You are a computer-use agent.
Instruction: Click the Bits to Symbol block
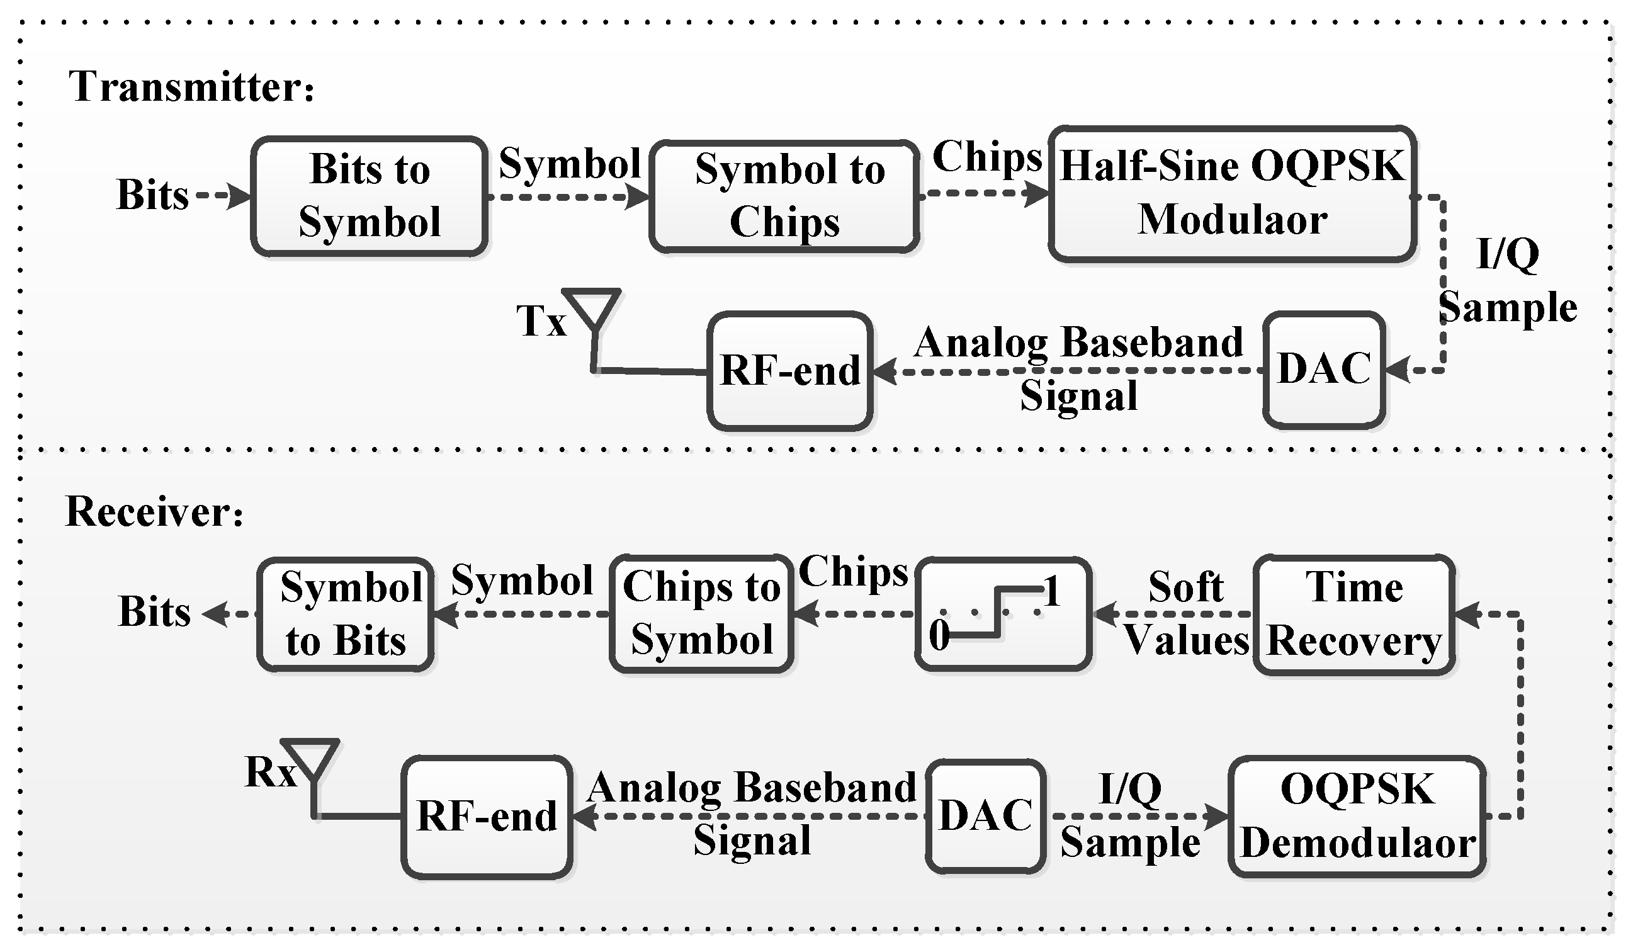370,196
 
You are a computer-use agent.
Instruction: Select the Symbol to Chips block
784,196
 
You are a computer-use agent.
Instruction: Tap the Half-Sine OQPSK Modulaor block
1231,193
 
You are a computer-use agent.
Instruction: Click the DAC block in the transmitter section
1324,370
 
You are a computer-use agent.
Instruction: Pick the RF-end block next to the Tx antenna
789,371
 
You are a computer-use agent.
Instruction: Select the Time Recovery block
1353,615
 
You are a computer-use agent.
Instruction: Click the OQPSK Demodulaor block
1357,817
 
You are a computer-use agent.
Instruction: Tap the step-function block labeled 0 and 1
1003,614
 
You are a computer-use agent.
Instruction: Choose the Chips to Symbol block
702,614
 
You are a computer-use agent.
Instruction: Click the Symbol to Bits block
346,615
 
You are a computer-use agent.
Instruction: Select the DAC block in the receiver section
986,816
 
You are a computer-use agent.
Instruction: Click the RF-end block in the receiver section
487,817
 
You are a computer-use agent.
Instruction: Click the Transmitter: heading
191,87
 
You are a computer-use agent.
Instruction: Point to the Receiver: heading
154,512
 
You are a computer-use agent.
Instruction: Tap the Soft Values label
1185,613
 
